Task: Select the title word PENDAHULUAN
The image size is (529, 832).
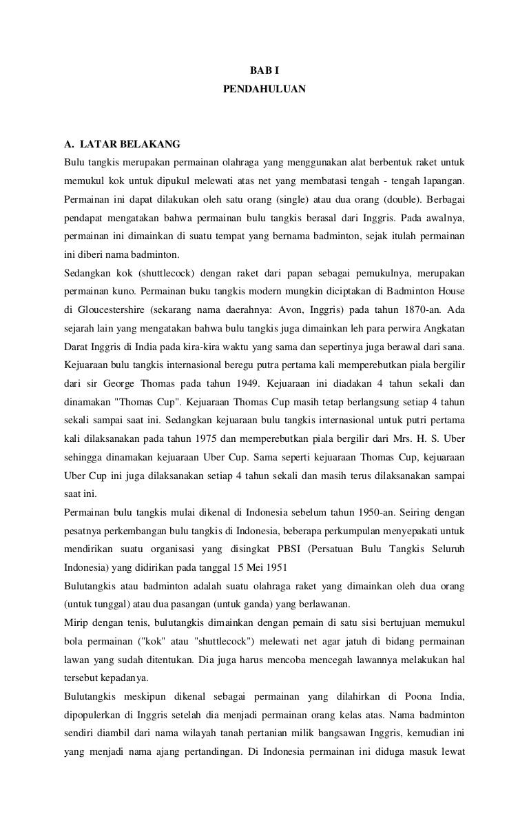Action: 264,90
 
